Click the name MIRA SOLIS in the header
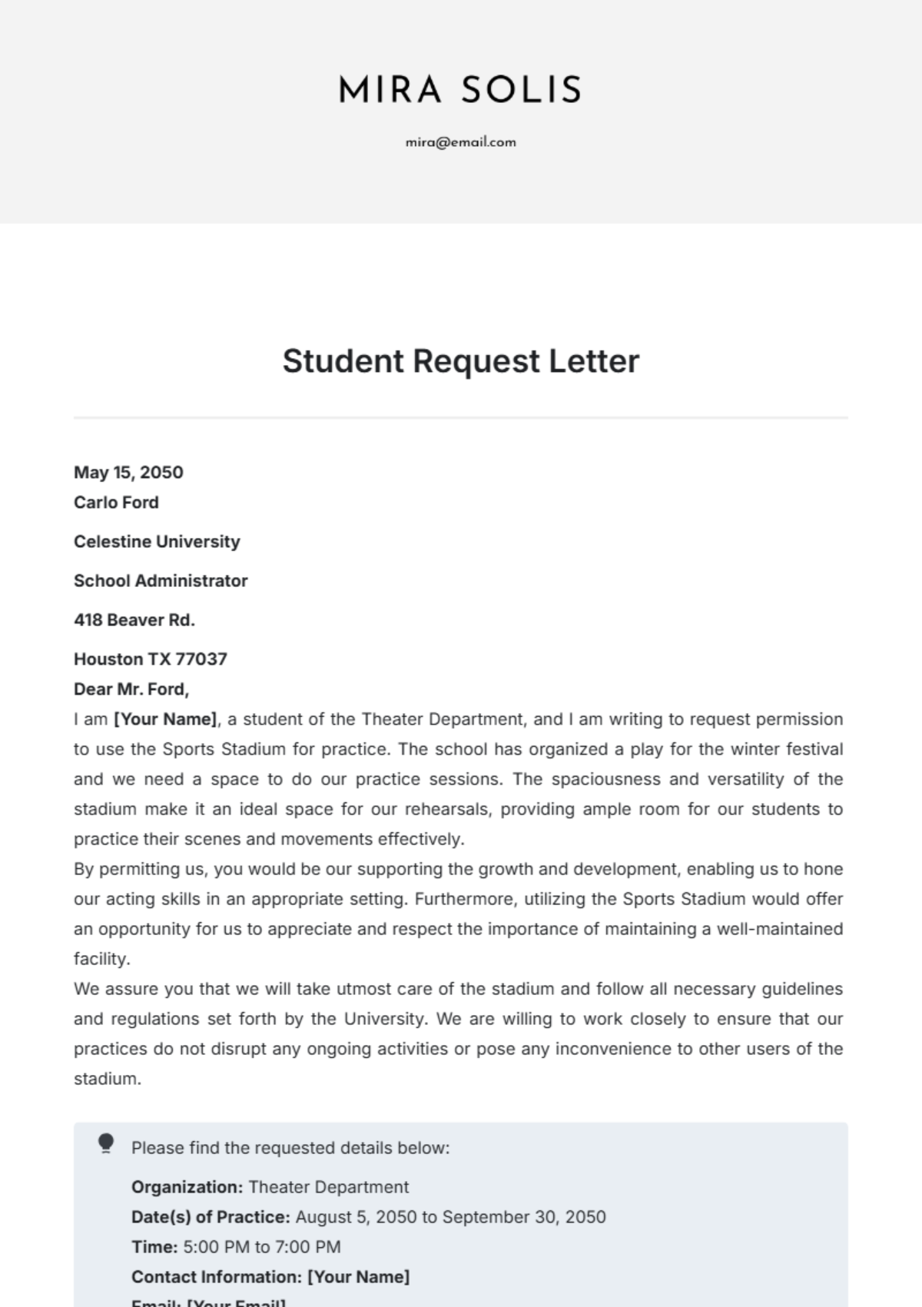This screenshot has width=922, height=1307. (460, 90)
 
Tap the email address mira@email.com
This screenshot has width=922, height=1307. (460, 142)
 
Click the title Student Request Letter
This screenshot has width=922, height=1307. (460, 361)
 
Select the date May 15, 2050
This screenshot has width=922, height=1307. (128, 473)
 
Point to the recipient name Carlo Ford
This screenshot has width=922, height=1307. (116, 503)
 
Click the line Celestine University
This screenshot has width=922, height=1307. (157, 542)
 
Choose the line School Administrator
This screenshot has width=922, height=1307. (161, 581)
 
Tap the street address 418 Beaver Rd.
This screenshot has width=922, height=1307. (134, 620)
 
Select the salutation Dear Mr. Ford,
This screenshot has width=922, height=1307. (131, 689)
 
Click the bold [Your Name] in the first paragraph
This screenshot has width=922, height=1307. (166, 719)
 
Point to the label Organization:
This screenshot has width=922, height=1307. (187, 1187)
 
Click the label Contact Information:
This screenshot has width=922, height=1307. (217, 1277)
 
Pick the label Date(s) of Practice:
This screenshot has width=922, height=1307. (211, 1217)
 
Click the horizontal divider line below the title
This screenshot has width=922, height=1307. (460, 418)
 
